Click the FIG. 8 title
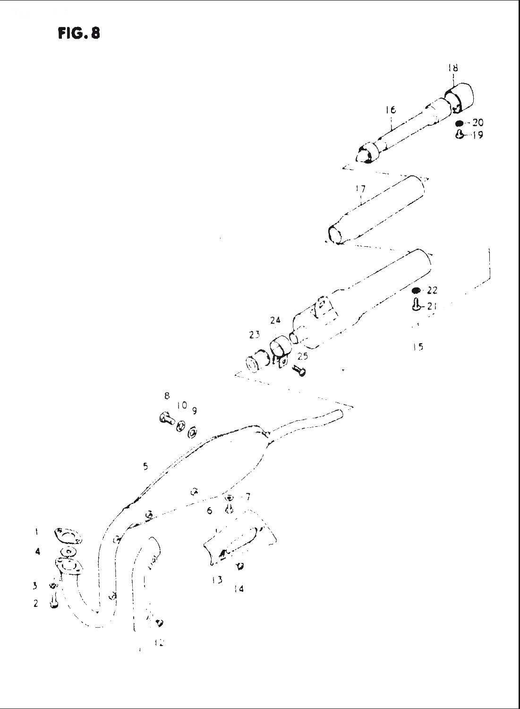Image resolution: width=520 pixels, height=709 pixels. coord(79,34)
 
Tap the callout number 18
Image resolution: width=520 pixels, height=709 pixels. coord(453,68)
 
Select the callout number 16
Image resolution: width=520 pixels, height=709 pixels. coord(390,110)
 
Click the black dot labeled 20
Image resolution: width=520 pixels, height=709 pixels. coord(460,124)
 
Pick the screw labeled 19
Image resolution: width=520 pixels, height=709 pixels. coord(459,135)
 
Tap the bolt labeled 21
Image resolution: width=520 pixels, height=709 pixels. coord(416,304)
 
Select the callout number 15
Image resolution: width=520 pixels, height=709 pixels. coord(417,346)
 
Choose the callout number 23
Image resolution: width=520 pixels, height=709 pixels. coord(255,335)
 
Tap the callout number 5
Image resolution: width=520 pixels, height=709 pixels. coord(146,467)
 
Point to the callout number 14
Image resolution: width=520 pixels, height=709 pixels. coord(239,589)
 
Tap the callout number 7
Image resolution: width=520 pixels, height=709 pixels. coord(247,497)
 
